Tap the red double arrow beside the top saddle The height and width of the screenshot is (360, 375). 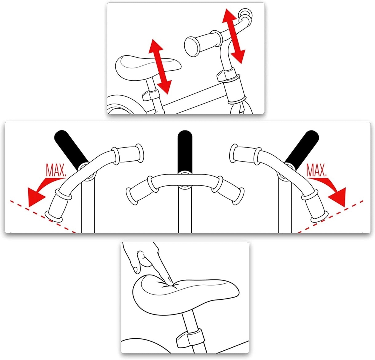[160, 66]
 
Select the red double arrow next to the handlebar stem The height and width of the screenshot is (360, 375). [234, 36]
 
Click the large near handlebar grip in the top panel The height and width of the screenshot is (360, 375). [202, 43]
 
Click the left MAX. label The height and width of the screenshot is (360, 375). [56, 171]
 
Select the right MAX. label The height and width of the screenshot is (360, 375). [316, 170]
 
